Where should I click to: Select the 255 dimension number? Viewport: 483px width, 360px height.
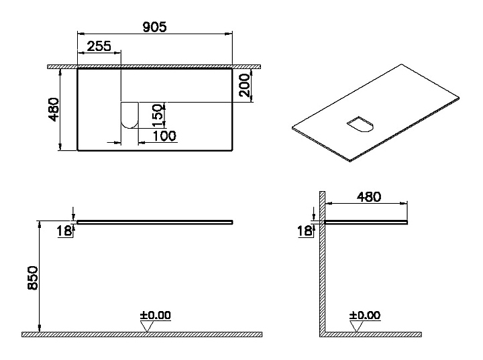tap(99, 46)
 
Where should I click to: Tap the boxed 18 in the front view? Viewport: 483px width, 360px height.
tap(63, 231)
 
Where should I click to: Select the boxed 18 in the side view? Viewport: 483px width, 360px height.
tap(304, 231)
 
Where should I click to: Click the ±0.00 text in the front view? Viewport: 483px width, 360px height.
tap(156, 314)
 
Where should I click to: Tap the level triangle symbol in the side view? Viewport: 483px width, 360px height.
tap(357, 326)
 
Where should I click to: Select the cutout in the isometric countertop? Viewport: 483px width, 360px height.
tap(360, 125)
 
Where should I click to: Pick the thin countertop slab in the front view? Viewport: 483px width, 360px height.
tap(155, 221)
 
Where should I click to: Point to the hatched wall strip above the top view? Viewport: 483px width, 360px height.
tap(154, 66)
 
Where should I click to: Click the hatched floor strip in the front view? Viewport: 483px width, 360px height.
tap(142, 334)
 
